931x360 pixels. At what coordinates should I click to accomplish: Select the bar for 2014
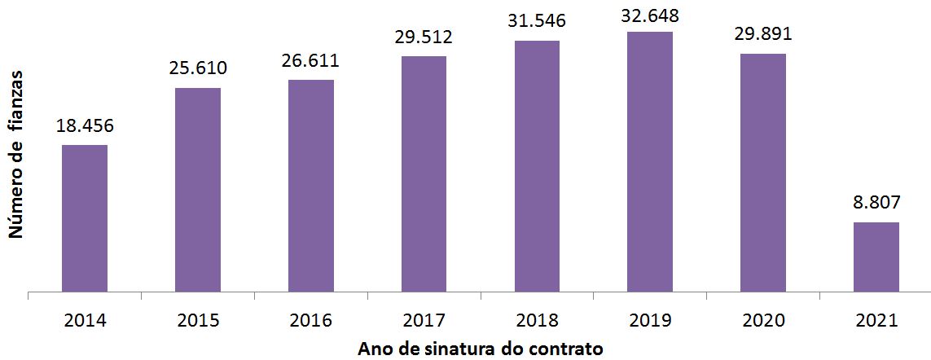click(x=85, y=217)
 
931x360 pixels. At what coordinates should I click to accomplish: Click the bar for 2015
click(x=198, y=189)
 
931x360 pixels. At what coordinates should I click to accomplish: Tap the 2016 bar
click(x=311, y=185)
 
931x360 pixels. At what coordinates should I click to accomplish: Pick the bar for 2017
click(x=424, y=173)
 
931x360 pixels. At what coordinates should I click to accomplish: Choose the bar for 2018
click(x=537, y=165)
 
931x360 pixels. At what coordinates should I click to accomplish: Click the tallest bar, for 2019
click(x=650, y=161)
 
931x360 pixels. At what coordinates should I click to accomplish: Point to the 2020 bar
click(x=763, y=172)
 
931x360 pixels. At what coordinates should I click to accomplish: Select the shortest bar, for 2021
click(x=876, y=257)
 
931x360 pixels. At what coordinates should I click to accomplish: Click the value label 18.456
click(x=85, y=126)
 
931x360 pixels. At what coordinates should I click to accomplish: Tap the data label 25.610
click(x=198, y=68)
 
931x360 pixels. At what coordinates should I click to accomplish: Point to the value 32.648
click(x=650, y=14)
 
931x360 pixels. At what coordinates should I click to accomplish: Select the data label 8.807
click(x=876, y=204)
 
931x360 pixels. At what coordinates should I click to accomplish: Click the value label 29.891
click(x=763, y=35)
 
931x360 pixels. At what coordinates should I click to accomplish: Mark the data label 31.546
click(x=537, y=22)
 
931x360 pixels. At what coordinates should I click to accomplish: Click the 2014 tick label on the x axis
click(x=85, y=320)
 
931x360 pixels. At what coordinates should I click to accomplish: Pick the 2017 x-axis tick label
click(x=424, y=320)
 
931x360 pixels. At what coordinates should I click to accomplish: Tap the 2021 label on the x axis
click(x=876, y=320)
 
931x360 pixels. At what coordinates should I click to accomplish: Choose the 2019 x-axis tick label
click(x=650, y=320)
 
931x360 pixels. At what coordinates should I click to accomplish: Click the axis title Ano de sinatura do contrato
click(x=481, y=349)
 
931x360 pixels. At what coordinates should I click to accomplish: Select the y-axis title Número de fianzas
click(x=15, y=155)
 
